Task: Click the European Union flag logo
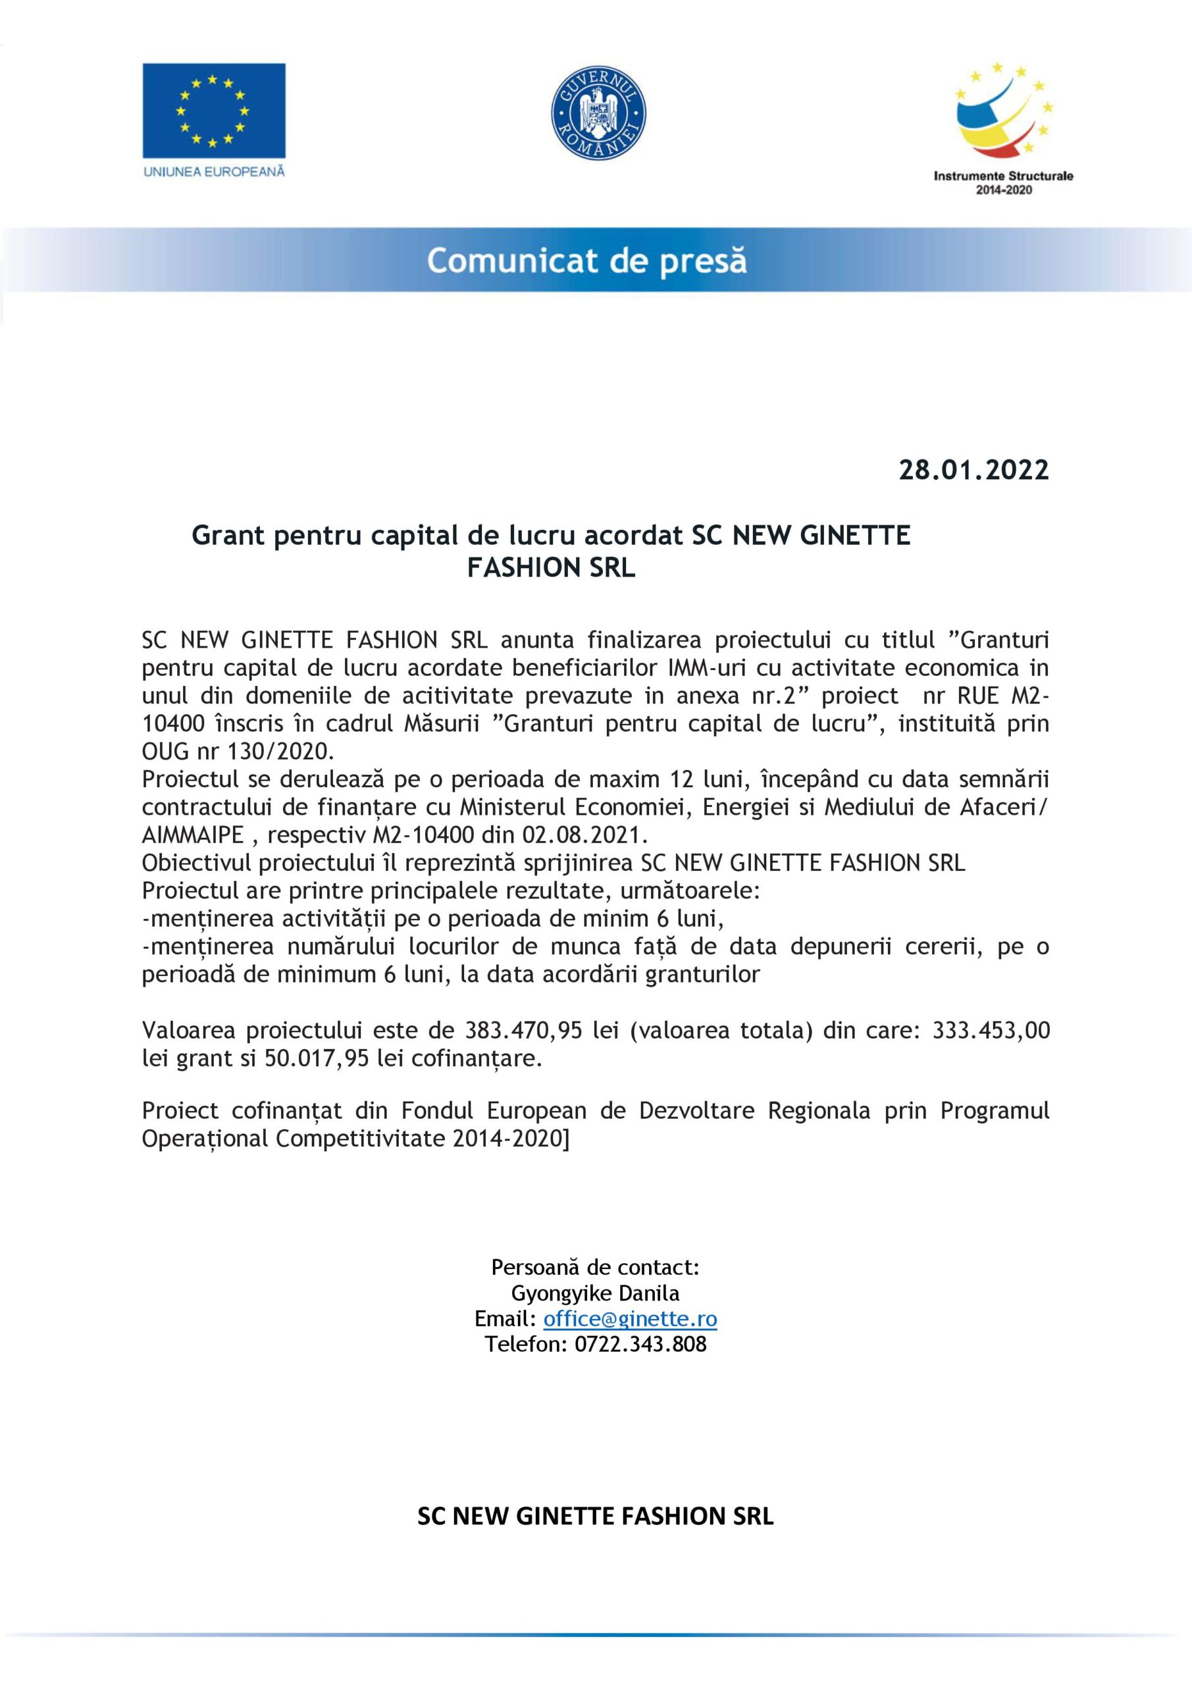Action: [214, 111]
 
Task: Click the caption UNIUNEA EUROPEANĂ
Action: [215, 172]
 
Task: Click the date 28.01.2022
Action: [974, 470]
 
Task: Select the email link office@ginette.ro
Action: [630, 1319]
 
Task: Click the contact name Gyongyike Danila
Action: [594, 1293]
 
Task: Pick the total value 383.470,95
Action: [523, 1031]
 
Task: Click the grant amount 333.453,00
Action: [991, 1031]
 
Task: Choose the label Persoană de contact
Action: [594, 1268]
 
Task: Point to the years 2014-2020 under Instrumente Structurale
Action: [1002, 190]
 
